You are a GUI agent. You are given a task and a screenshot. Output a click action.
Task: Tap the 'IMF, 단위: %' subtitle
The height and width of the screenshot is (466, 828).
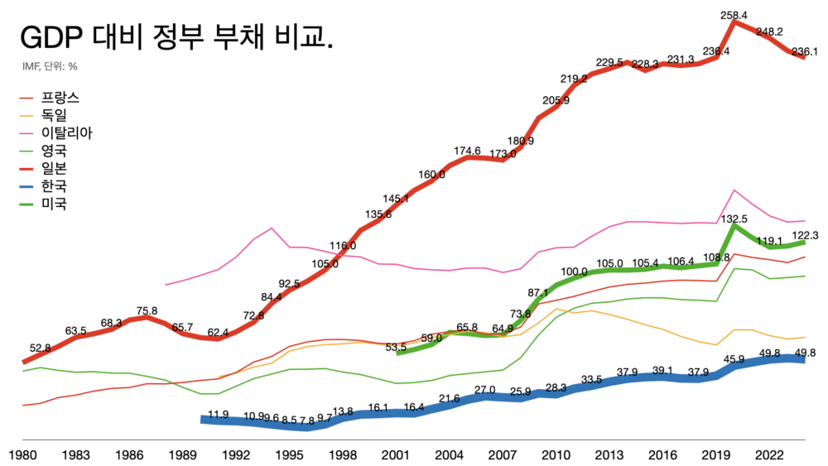[x=50, y=66]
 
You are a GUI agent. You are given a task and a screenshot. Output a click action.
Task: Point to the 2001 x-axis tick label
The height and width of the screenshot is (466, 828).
[x=397, y=454]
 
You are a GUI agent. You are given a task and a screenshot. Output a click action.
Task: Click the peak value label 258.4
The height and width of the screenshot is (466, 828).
[x=734, y=16]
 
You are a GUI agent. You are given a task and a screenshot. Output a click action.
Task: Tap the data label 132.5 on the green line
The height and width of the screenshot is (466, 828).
[x=734, y=219]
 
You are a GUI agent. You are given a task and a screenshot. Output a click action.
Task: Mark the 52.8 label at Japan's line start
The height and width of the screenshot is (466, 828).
[x=41, y=348]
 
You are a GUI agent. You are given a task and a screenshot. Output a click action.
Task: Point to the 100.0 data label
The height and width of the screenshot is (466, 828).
[x=574, y=271]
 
